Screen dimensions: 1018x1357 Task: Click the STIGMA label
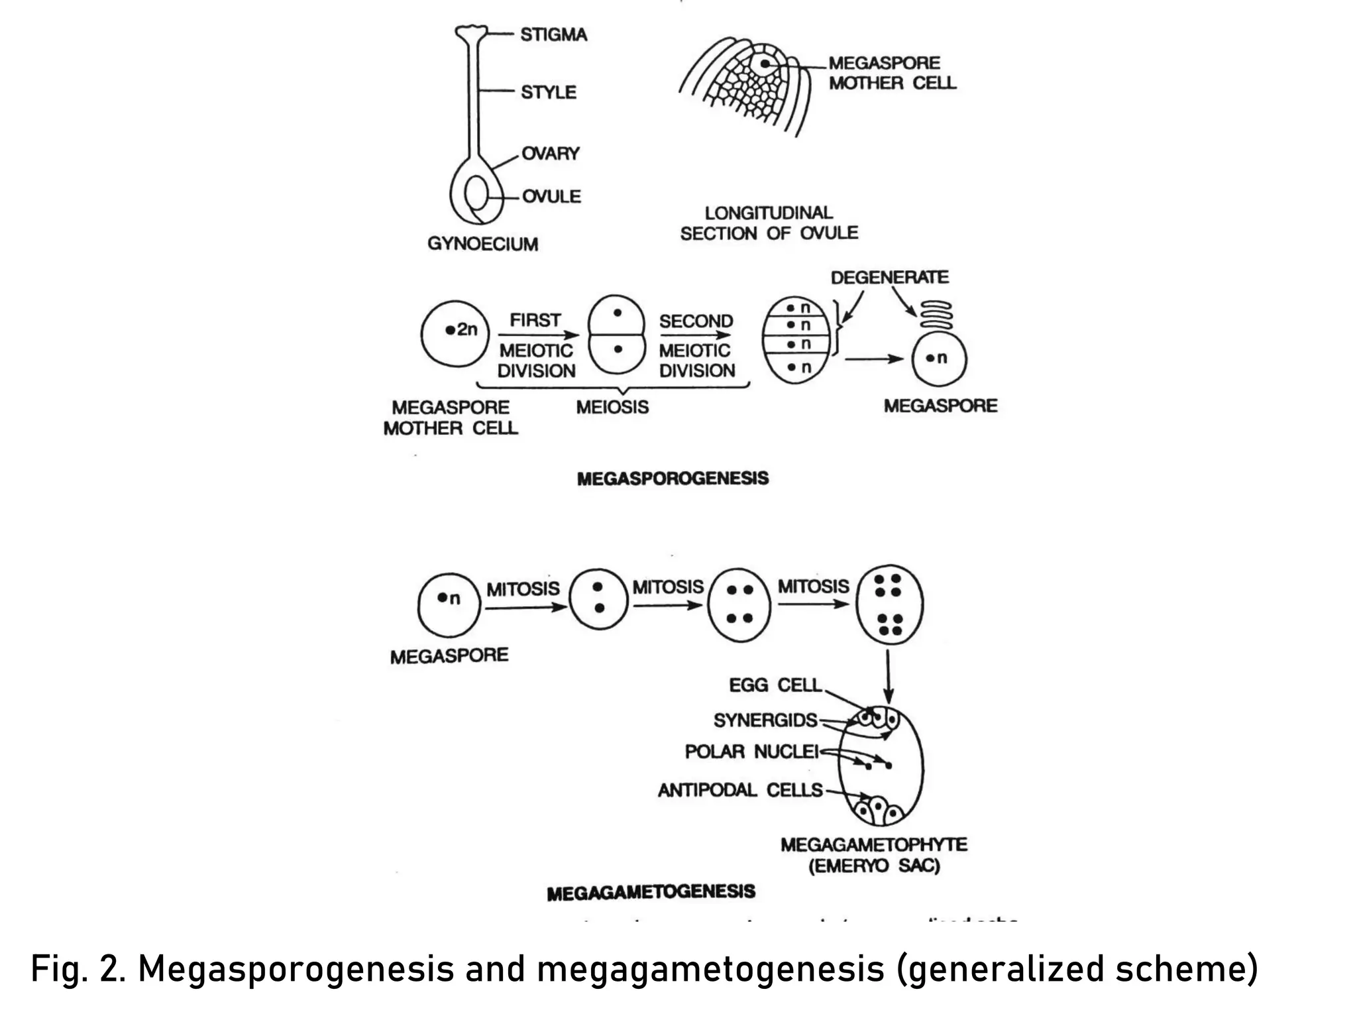click(553, 34)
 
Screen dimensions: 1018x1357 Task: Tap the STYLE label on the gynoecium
click(548, 92)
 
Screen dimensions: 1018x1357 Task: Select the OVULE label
click(551, 196)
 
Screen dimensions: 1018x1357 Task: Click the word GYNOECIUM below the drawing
click(482, 244)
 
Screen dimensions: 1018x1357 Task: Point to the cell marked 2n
click(455, 333)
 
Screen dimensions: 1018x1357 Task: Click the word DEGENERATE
click(889, 277)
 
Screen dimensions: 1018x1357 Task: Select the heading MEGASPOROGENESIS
click(673, 479)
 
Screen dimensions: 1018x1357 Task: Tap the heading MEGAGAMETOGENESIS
click(651, 892)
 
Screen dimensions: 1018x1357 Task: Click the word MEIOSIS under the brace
click(612, 407)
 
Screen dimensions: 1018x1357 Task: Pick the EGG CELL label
click(775, 685)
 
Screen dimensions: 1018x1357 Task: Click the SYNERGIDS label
click(765, 720)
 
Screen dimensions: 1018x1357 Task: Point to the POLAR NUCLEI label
click(751, 752)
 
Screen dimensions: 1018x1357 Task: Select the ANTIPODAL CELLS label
click(740, 790)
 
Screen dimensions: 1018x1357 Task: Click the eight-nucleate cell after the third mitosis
click(889, 604)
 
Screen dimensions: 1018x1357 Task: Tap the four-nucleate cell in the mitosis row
click(739, 604)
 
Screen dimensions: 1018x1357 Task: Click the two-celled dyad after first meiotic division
click(617, 335)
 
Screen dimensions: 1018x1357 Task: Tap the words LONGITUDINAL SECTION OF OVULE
click(769, 223)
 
